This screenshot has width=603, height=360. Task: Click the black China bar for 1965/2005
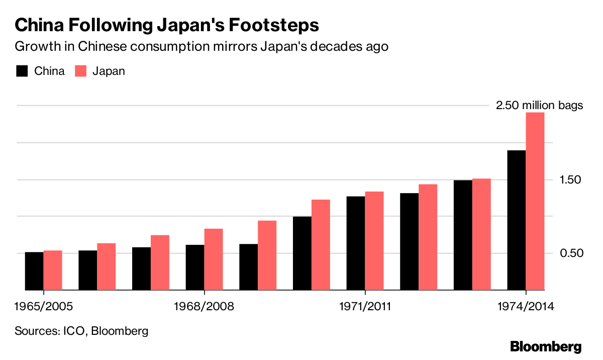tap(34, 271)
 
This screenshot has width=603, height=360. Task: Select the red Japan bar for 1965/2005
tap(53, 270)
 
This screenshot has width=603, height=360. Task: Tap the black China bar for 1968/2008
tap(195, 267)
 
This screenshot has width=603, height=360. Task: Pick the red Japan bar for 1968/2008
tap(214, 259)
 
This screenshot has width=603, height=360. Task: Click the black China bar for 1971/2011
tap(356, 243)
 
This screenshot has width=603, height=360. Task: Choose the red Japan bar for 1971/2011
tap(374, 241)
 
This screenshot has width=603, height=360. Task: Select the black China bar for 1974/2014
tap(517, 220)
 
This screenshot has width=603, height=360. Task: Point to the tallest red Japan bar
tap(535, 201)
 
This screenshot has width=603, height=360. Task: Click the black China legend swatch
tap(22, 71)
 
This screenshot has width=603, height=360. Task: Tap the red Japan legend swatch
tap(81, 71)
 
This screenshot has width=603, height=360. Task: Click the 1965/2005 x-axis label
tap(44, 306)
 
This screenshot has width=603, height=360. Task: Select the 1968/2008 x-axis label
tap(204, 306)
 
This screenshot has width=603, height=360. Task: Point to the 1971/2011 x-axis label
tap(365, 306)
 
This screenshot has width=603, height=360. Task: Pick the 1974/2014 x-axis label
tap(526, 306)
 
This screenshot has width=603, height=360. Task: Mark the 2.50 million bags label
tap(539, 106)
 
